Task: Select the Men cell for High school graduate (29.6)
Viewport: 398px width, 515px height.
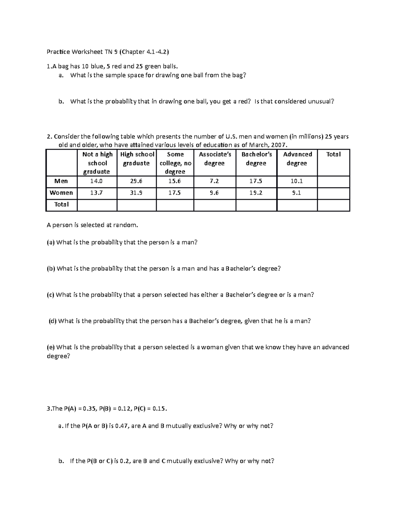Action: point(136,181)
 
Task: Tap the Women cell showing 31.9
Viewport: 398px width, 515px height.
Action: point(136,193)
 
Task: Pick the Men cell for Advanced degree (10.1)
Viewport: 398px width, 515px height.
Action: point(297,181)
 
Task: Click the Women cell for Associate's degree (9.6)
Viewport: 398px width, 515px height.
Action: point(214,193)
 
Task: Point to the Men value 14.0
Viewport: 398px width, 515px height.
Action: point(97,181)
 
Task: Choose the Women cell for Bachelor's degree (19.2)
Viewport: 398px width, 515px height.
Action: point(256,193)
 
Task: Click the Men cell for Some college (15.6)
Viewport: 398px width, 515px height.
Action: point(174,181)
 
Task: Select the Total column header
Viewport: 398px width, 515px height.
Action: point(333,154)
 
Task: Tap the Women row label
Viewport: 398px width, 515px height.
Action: point(61,193)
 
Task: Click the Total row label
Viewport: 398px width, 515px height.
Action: point(61,204)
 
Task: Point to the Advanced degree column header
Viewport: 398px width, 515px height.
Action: point(297,159)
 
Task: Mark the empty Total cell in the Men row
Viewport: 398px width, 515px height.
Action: point(333,181)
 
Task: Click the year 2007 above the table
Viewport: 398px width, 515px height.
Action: point(277,145)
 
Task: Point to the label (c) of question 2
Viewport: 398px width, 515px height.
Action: point(51,295)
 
